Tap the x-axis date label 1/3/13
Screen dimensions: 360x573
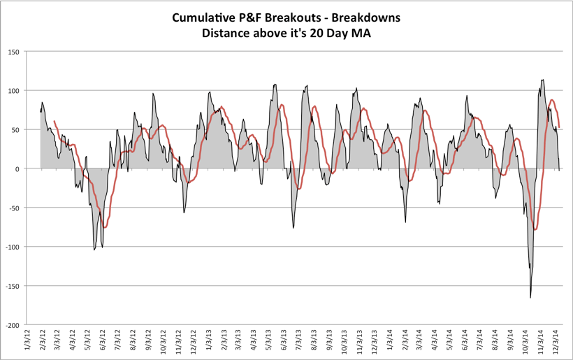click(208, 343)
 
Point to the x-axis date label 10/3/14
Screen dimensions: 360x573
click(525, 343)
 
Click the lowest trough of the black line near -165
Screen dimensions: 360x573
click(530, 298)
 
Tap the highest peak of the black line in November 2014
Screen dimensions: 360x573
click(543, 80)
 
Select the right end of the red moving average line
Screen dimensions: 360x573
click(560, 127)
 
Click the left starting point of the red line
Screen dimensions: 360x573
click(54, 122)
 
